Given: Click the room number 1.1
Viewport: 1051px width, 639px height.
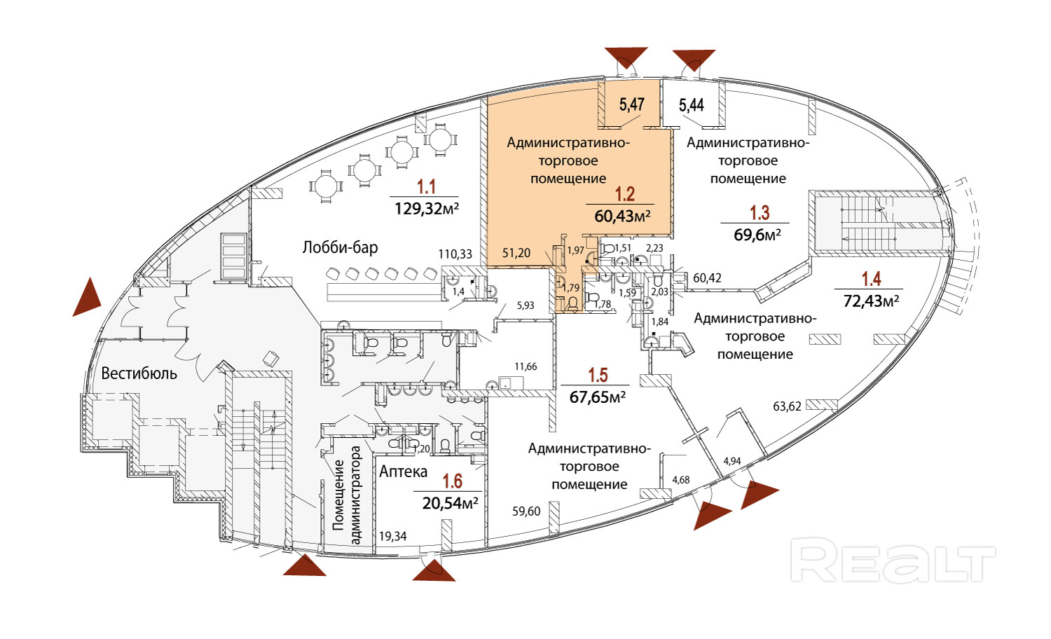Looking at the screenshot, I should (x=426, y=186).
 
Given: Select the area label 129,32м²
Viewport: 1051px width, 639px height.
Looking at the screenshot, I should (x=426, y=208).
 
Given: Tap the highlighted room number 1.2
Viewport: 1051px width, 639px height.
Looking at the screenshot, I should (x=624, y=194).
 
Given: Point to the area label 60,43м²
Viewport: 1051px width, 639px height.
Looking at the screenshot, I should (x=622, y=216).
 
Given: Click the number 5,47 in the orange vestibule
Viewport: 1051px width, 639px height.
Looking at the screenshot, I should (x=631, y=104).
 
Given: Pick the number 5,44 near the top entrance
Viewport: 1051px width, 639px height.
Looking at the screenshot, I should (x=692, y=105).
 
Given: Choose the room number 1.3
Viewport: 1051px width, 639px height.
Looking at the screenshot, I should (x=760, y=212).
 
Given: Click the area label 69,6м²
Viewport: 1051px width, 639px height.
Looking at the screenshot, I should (x=757, y=235).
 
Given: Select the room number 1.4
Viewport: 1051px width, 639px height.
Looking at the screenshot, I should (x=871, y=279).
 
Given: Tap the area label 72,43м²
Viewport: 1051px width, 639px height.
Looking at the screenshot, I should (x=871, y=301).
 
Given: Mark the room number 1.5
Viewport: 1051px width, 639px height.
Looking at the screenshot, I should (x=598, y=376).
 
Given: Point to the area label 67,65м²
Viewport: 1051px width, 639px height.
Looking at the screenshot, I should (x=597, y=397).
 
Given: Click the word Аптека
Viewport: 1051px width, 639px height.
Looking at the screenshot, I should (x=403, y=472).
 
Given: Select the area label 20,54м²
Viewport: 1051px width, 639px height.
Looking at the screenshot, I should (x=450, y=502).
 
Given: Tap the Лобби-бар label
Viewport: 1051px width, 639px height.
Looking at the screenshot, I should (x=340, y=247).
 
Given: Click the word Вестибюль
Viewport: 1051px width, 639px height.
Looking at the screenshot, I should (x=139, y=373).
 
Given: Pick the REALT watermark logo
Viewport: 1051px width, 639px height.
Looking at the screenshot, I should (x=893, y=560).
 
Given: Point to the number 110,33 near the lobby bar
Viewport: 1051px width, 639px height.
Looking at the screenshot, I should (x=455, y=254).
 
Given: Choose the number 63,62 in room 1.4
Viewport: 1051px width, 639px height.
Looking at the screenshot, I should (x=787, y=406).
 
